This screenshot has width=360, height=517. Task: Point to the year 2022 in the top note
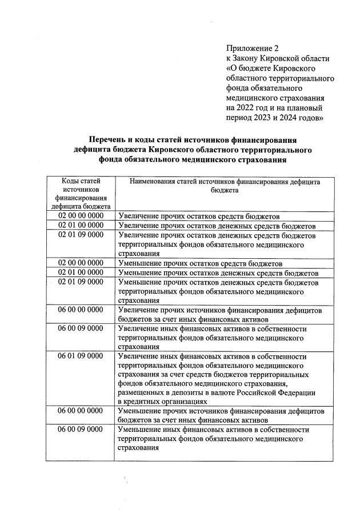click(246, 107)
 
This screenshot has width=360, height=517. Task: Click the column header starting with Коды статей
click(81, 194)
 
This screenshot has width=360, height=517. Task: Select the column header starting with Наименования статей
click(224, 186)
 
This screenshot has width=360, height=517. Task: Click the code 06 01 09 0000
click(81, 355)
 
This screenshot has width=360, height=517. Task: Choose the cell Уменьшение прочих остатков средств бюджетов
click(199, 263)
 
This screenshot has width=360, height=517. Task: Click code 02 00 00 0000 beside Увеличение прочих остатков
click(81, 217)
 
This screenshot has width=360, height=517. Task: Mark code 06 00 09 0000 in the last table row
click(81, 429)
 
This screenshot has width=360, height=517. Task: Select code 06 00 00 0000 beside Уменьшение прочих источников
click(81, 411)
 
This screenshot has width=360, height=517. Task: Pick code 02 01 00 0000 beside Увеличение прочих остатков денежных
click(81, 226)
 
